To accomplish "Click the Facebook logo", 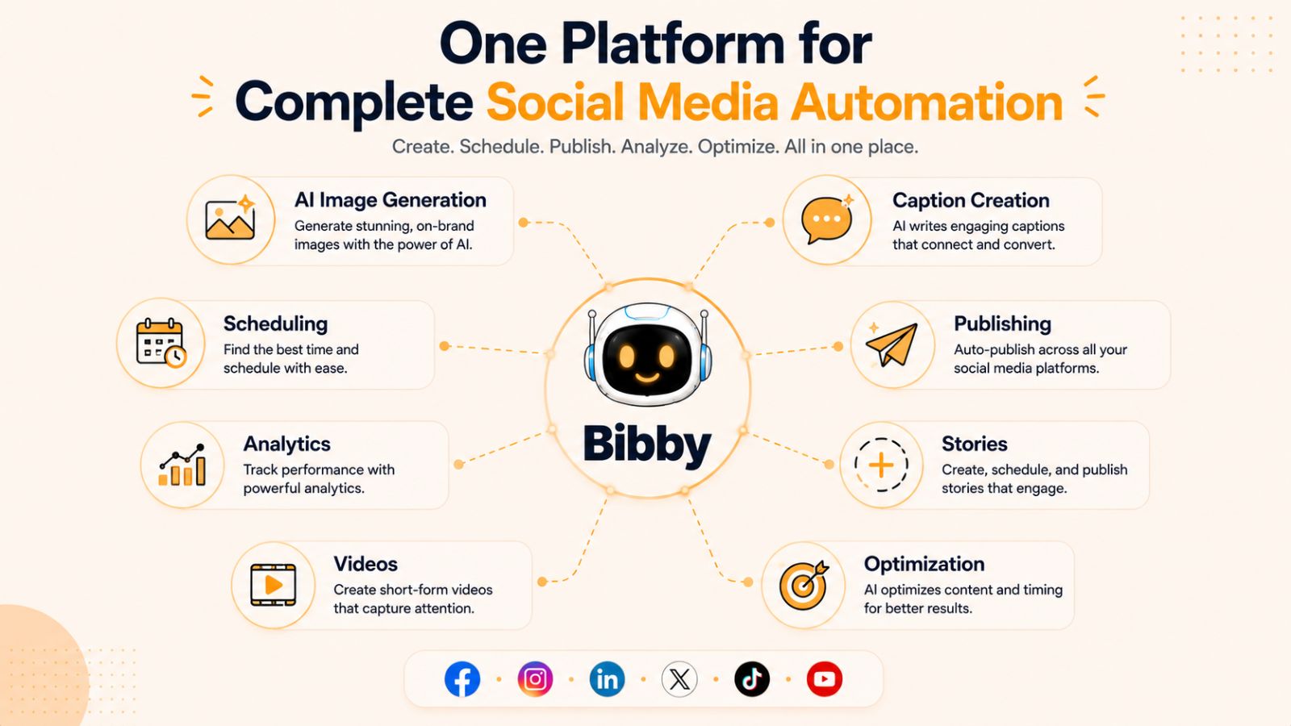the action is (x=462, y=679).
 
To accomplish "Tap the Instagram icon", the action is (x=535, y=679).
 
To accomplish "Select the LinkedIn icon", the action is (x=607, y=679).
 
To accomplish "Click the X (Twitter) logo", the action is (x=679, y=679).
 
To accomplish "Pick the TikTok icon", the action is (x=752, y=679).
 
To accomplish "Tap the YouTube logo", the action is (x=824, y=679).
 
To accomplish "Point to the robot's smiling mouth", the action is (x=646, y=378).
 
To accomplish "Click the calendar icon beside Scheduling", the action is (x=161, y=343).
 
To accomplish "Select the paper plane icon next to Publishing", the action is (x=892, y=344).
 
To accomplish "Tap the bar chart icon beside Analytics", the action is (x=182, y=465).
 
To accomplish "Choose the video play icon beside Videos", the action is (x=274, y=586).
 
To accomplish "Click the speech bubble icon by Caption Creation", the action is (x=826, y=219).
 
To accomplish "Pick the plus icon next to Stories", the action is (x=881, y=465).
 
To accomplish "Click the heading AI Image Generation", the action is (x=391, y=200).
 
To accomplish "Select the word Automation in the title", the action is (x=926, y=102).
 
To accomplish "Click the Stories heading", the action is (x=975, y=444).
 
